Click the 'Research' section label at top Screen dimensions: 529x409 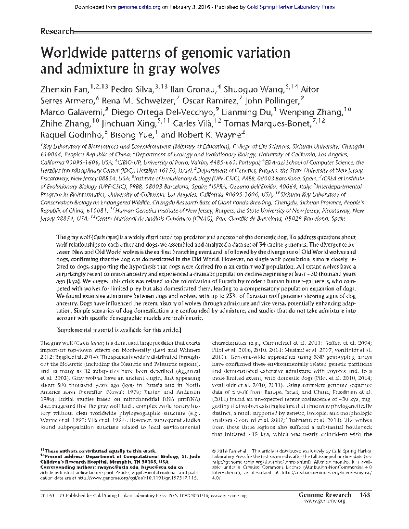click(57, 31)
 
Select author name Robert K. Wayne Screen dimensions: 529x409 click(202, 135)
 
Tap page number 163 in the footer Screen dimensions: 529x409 click(364, 494)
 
